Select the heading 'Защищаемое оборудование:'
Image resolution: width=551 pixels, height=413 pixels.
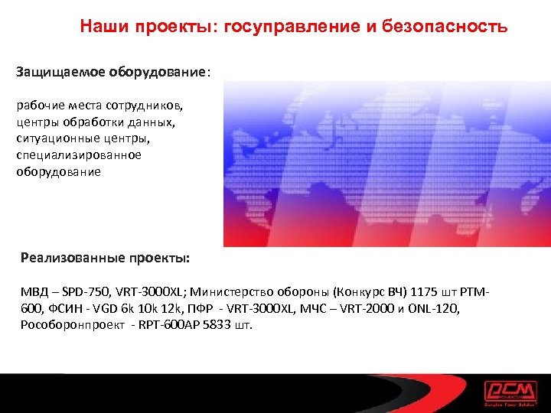click(113, 73)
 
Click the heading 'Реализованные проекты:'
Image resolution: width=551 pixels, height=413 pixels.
click(105, 258)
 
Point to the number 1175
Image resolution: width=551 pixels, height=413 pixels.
click(425, 291)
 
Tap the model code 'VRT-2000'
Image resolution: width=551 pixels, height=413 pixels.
click(370, 307)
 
